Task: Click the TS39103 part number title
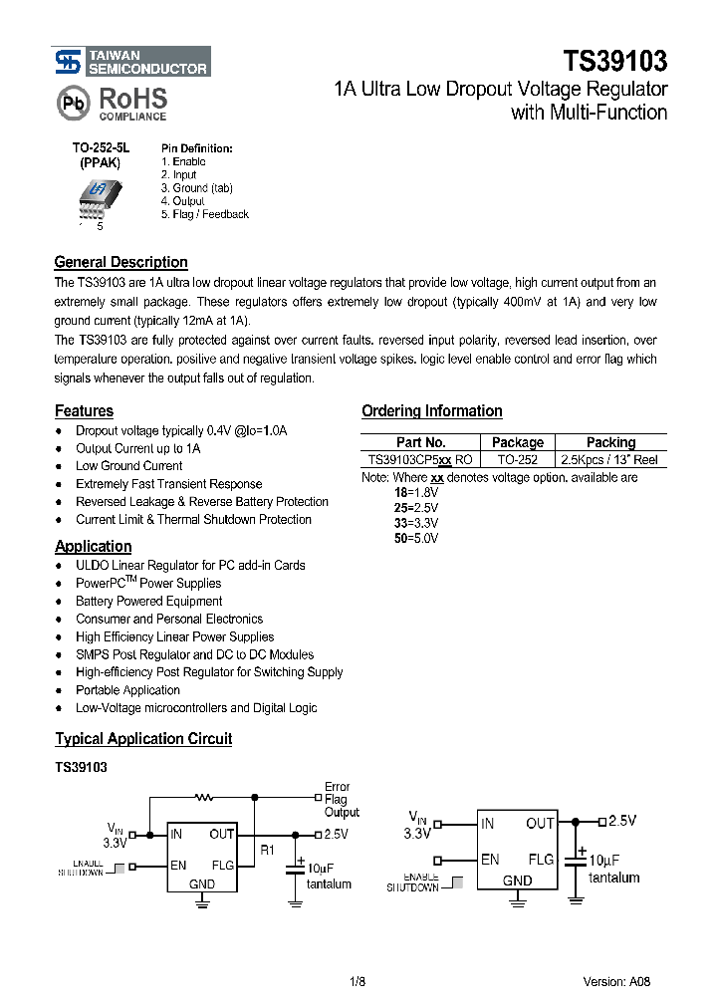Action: point(614,61)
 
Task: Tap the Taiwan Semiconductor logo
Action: point(131,62)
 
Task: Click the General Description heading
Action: point(120,262)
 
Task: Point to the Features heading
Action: point(84,410)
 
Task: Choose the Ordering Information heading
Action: point(431,410)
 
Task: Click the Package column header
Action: point(518,442)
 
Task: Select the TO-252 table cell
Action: point(518,459)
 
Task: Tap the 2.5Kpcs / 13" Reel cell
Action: point(610,459)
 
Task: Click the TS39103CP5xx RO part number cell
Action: point(420,459)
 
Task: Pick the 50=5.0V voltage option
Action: point(416,538)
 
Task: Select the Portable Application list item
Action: point(127,690)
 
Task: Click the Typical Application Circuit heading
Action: point(143,739)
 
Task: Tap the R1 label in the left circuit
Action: point(267,850)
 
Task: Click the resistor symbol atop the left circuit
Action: point(205,797)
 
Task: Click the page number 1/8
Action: point(358,981)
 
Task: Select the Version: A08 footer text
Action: point(617,981)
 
